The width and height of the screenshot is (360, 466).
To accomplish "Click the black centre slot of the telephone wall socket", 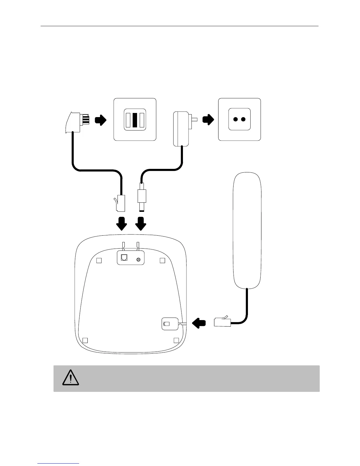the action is click(135, 120).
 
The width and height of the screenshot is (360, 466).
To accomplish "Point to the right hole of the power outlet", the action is click(243, 119).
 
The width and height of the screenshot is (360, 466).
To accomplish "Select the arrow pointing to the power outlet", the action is click(208, 119).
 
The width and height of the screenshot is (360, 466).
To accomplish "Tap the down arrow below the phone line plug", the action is click(121, 224).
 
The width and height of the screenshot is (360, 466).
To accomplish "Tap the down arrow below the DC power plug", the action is click(141, 224).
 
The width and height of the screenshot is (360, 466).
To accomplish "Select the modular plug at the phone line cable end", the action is click(121, 203).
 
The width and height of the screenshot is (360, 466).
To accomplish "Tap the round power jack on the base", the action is click(138, 259).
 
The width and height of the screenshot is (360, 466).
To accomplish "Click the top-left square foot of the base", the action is click(99, 261).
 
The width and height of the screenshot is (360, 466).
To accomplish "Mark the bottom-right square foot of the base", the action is click(176, 340).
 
